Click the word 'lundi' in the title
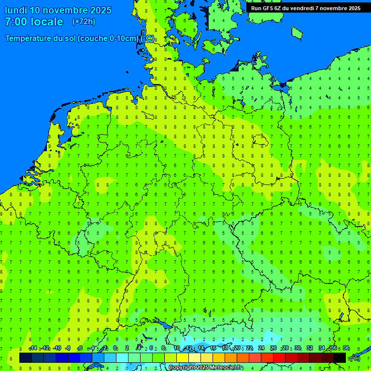[16, 10]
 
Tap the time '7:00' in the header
[16, 22]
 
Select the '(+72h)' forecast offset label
[84, 22]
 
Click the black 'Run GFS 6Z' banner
[305, 8]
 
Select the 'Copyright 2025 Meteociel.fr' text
[205, 368]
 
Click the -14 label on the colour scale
[32, 348]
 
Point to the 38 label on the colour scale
[346, 348]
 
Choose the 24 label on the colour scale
[261, 348]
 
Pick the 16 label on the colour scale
[213, 348]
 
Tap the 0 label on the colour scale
[115, 348]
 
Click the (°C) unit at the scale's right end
[355, 358]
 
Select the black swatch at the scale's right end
[340, 358]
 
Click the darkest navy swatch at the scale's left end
[26, 358]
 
